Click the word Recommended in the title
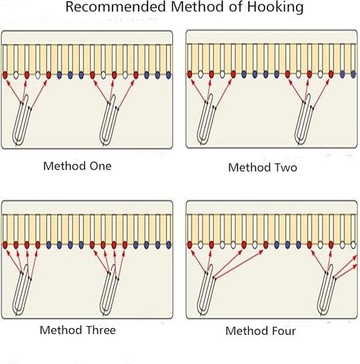pos(116,7)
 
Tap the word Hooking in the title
pos(275,7)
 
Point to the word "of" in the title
pos(236,7)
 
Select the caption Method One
pos(78,166)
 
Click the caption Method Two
pos(262,167)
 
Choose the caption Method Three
pos(78,330)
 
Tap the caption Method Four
pos(260,331)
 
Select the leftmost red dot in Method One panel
pos(5,75)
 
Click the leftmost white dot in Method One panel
pos(16,75)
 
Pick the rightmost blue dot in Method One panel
pos(168,75)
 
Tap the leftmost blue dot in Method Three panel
pos(48,245)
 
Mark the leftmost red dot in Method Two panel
pos(189,75)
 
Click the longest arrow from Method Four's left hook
pos(239,265)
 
